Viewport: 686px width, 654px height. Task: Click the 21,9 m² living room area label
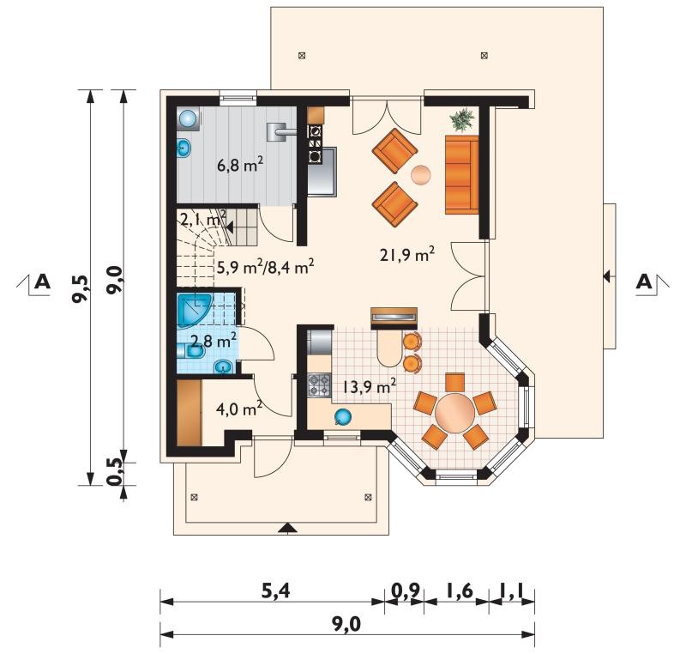point(407,254)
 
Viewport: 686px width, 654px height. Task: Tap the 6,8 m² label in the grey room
point(240,165)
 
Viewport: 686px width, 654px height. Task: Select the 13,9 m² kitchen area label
point(370,386)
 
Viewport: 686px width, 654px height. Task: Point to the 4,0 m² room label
point(239,409)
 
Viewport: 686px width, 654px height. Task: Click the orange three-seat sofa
point(461,175)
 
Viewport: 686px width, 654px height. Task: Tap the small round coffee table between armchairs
point(421,175)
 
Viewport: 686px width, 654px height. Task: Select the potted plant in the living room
point(463,119)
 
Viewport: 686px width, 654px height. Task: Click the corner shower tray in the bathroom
point(192,309)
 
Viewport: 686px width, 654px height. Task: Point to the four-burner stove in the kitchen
point(319,385)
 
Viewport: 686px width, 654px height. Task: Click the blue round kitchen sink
point(342,417)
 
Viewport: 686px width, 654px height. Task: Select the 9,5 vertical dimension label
point(81,289)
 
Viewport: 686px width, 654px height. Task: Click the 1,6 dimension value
point(460,591)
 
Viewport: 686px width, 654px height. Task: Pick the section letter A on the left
point(42,282)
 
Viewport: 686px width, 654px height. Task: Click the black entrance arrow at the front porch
point(287,528)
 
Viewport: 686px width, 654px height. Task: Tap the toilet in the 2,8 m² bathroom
point(191,352)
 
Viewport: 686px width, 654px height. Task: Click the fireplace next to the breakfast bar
point(394,318)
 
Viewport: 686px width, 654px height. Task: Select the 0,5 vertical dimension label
point(114,472)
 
